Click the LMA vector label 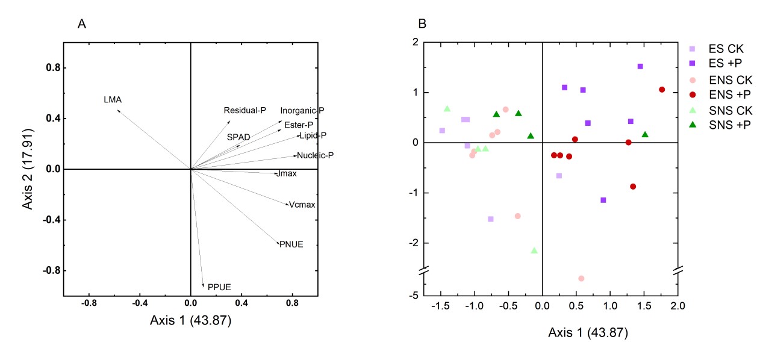point(113,100)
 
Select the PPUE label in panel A point(219,287)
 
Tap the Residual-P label point(244,111)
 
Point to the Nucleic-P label point(316,155)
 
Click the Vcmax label point(302,205)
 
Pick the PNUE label point(291,244)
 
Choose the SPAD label point(238,137)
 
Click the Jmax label point(285,174)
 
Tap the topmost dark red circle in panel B point(662,90)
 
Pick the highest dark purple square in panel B point(640,66)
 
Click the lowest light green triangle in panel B point(534,250)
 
